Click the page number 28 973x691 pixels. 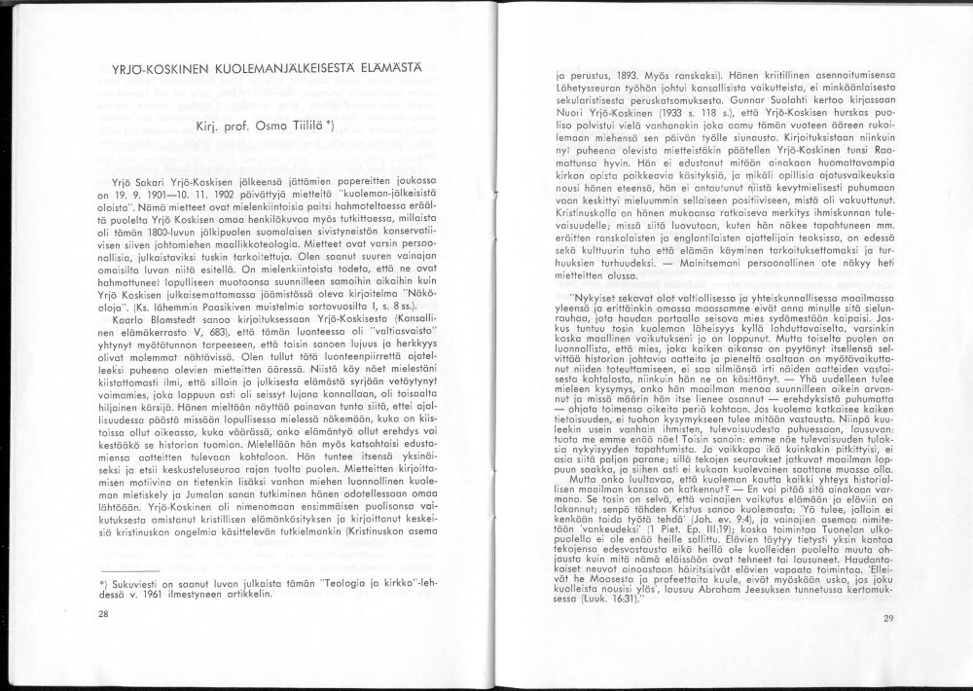pyautogui.click(x=104, y=614)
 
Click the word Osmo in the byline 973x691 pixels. pyautogui.click(x=257, y=126)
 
